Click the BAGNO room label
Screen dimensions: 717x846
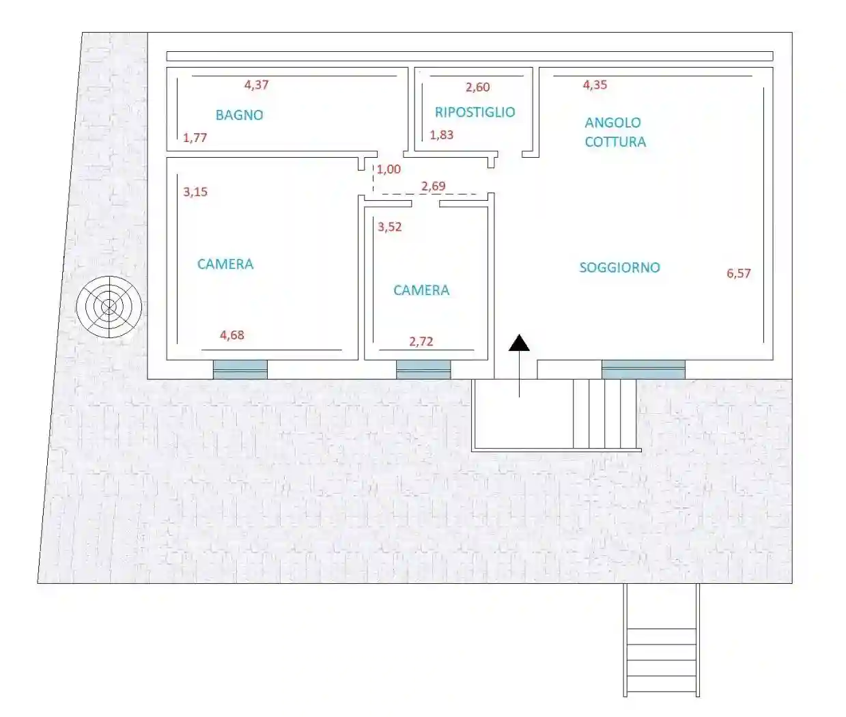239,115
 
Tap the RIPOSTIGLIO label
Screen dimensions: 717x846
475,112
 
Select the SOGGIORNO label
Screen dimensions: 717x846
619,268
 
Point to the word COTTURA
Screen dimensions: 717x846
615,142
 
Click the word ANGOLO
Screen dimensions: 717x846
612,123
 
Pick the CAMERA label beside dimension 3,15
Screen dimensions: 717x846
225,264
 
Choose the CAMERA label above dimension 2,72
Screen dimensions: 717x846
421,290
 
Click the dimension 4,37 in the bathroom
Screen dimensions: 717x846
256,85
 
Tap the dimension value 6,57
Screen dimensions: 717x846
738,273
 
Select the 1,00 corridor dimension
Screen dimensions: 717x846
389,169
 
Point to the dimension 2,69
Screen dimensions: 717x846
433,186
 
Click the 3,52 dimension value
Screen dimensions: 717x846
389,227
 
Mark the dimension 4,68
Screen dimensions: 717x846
231,335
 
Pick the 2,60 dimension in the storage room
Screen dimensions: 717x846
477,87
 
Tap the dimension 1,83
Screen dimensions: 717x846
441,135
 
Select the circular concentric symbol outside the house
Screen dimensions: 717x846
109,307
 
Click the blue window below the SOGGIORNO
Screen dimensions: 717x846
643,369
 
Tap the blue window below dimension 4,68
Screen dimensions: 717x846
240,369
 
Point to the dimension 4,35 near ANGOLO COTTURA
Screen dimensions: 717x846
594,85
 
